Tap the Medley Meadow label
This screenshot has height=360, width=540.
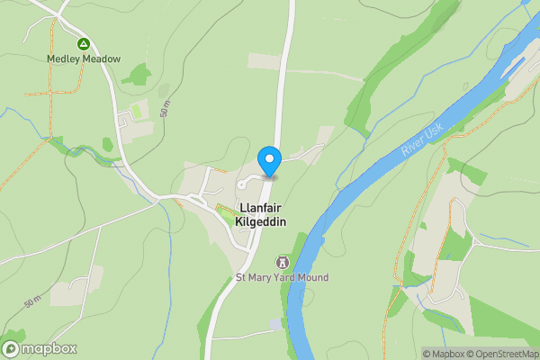click(84, 59)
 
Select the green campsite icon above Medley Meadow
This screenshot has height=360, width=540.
click(84, 43)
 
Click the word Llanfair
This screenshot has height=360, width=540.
click(262, 206)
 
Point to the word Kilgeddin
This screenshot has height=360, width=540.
click(262, 220)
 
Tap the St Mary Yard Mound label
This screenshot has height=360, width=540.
click(282, 278)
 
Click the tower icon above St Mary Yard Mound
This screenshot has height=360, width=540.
click(282, 262)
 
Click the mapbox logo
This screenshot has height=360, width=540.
click(39, 348)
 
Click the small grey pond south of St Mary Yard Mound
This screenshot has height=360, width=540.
click(274, 324)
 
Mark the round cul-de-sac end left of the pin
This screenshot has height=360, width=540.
click(242, 184)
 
